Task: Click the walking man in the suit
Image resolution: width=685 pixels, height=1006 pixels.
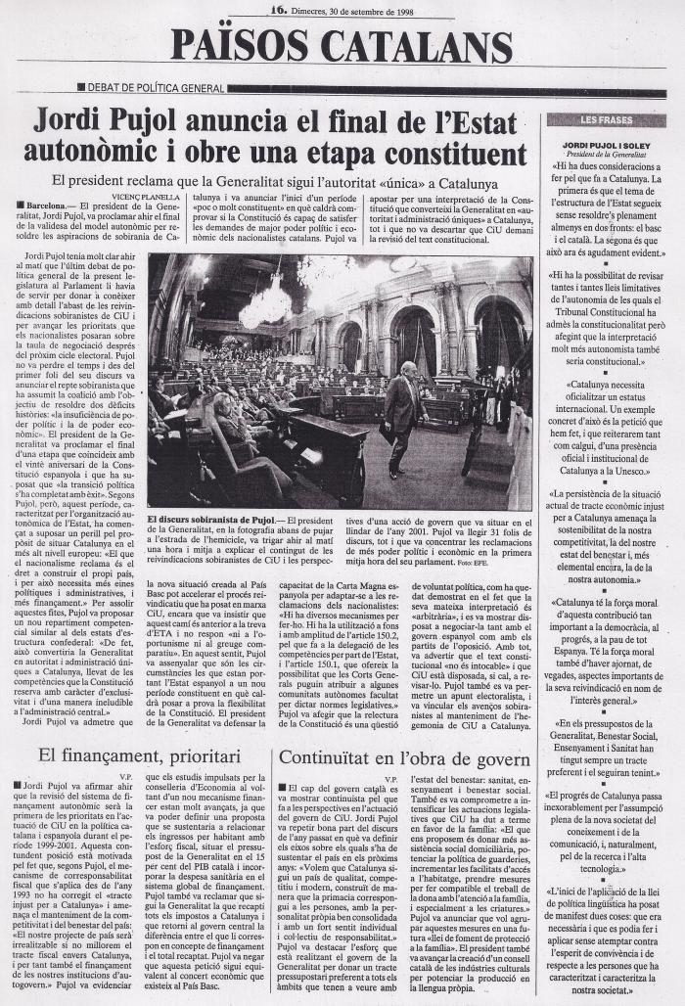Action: point(401,416)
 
